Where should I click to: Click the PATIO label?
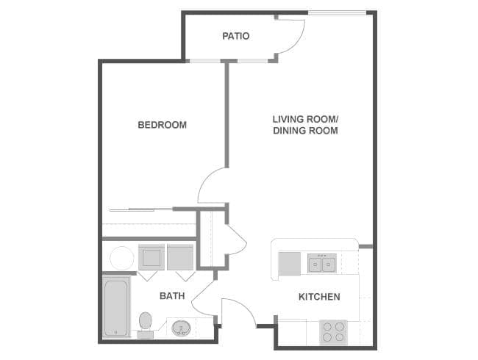(x=235, y=35)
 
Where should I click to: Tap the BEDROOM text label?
(x=162, y=125)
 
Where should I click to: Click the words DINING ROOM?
(x=305, y=131)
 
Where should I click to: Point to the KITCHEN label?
(x=318, y=297)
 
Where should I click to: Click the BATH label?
(x=172, y=296)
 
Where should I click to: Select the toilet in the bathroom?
(x=145, y=323)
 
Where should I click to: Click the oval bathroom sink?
(x=182, y=328)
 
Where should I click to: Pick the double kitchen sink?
(x=322, y=263)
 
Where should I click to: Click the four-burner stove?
(x=332, y=332)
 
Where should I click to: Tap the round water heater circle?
(x=121, y=258)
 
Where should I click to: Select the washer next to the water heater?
(x=151, y=258)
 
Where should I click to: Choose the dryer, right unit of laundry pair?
(x=179, y=258)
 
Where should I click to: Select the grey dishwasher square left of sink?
(x=289, y=263)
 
